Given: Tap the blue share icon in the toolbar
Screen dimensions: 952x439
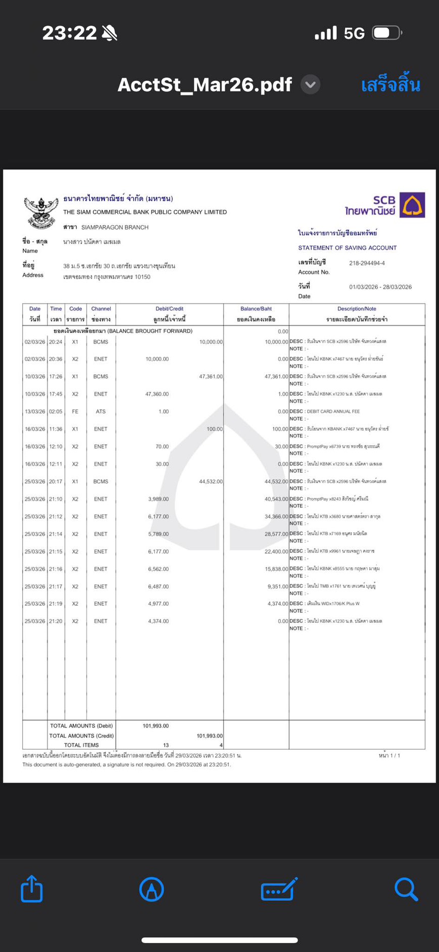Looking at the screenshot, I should tap(32, 889).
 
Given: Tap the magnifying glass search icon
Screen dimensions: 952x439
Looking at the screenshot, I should tap(406, 889).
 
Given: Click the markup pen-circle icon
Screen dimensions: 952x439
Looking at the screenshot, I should tap(152, 889).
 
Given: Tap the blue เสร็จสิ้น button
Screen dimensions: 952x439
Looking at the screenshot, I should tap(391, 84).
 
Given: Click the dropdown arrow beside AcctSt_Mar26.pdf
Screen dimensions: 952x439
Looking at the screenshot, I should tap(311, 84).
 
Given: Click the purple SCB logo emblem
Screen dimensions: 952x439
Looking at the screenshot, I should tap(412, 205).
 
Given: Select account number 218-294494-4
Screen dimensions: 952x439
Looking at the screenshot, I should tap(367, 263).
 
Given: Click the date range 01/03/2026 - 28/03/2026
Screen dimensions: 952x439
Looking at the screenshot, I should tap(380, 287).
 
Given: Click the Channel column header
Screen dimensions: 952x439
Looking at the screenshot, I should tap(101, 308).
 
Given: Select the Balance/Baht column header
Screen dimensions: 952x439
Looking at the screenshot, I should tap(256, 308).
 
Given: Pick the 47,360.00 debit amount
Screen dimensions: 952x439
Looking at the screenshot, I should tap(157, 394).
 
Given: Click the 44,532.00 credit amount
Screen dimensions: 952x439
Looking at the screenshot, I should tap(211, 481).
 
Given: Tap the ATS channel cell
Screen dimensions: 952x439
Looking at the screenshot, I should tap(101, 412).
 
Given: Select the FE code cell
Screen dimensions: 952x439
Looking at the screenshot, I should tap(75, 412).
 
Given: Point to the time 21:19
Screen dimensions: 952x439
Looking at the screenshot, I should tap(56, 604).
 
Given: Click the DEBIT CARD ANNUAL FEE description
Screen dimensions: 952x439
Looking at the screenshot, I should tap(333, 412).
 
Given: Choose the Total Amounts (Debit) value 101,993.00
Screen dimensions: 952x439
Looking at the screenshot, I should tap(156, 726).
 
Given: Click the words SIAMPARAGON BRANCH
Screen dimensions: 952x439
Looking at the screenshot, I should tap(115, 228).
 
